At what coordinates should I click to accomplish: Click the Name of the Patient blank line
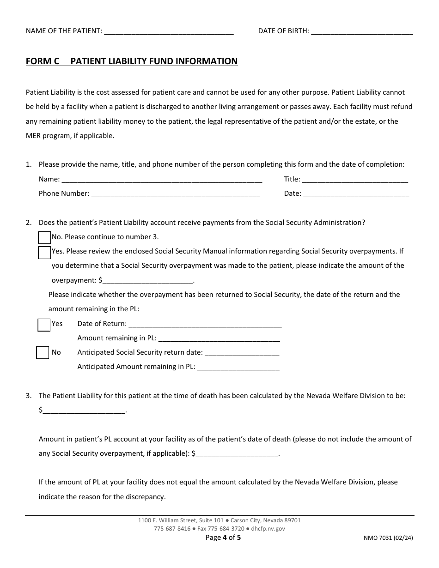[x=169, y=31]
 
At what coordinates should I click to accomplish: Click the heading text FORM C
[x=43, y=61]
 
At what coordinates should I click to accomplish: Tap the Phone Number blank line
[x=176, y=194]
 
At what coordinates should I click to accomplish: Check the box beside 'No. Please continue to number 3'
[x=44, y=237]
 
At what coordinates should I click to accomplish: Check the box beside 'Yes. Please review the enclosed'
[x=44, y=253]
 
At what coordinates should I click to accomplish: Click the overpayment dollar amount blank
[x=147, y=280]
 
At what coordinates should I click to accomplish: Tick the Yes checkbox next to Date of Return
[x=44, y=325]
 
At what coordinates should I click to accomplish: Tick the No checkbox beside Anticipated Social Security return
[x=43, y=353]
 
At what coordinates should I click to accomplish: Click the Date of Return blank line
[x=205, y=324]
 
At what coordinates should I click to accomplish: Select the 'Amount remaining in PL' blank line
[x=219, y=338]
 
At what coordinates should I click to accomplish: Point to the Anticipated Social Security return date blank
[x=242, y=353]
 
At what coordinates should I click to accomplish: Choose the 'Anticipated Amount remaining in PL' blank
[x=238, y=367]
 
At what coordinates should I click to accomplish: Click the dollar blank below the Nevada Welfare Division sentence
[x=84, y=410]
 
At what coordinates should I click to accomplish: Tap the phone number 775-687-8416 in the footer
[x=172, y=529]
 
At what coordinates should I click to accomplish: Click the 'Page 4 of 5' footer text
[x=223, y=538]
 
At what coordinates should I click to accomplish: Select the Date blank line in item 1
[x=356, y=194]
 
